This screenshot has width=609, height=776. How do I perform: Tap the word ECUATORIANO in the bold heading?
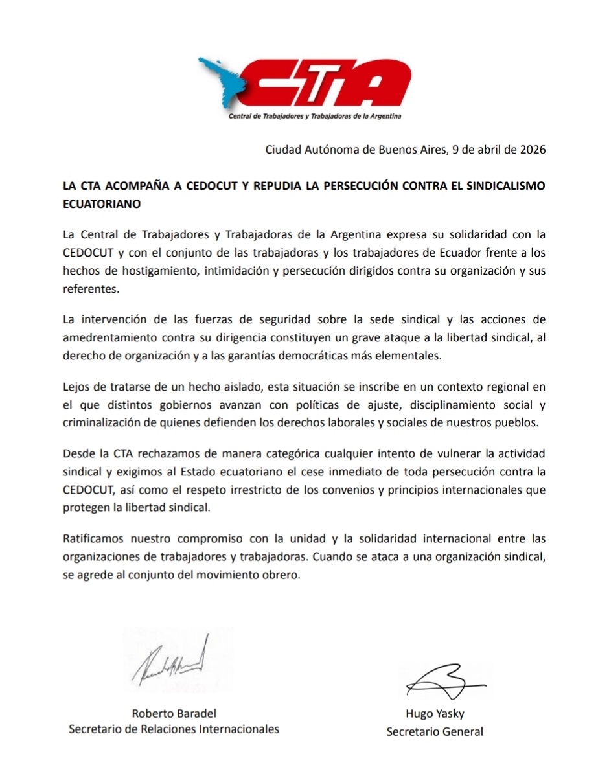tap(101, 203)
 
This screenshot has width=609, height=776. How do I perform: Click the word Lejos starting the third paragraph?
tap(77, 388)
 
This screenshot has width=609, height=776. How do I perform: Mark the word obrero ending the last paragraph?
tap(283, 573)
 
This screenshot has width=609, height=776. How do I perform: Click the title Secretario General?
tap(435, 732)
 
